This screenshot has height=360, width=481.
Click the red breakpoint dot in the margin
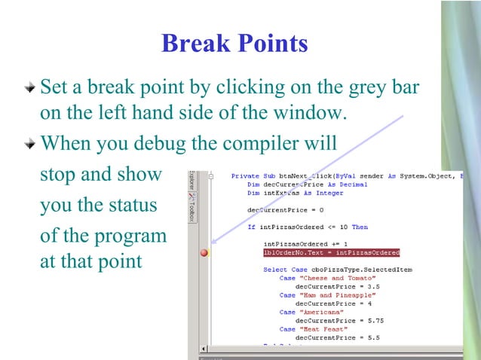(x=204, y=253)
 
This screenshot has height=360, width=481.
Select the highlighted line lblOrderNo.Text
(x=331, y=253)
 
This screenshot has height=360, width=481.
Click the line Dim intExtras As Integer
(x=295, y=193)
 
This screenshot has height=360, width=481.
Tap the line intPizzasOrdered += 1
(x=306, y=244)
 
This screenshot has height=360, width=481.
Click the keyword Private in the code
(x=245, y=176)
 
